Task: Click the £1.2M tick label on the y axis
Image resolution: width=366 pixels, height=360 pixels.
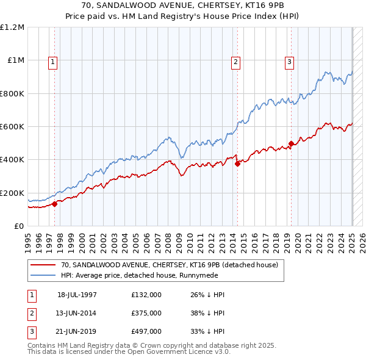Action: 12,27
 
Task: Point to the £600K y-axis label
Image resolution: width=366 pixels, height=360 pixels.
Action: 12,127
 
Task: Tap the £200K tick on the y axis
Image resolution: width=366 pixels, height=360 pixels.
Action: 12,193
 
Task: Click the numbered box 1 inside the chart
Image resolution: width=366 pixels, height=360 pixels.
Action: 53,61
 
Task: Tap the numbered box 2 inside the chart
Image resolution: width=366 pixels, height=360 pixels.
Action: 235,61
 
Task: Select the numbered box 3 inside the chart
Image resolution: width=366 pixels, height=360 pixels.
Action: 289,61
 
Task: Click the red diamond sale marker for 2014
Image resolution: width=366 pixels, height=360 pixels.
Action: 237,164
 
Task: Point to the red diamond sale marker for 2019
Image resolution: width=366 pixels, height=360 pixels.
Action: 291,144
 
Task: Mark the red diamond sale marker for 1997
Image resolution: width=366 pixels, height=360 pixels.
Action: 55,204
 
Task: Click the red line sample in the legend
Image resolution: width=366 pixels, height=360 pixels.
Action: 43,265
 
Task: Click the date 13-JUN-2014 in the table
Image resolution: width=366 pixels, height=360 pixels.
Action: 77,313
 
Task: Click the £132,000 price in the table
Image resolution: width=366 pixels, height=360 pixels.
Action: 146,295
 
